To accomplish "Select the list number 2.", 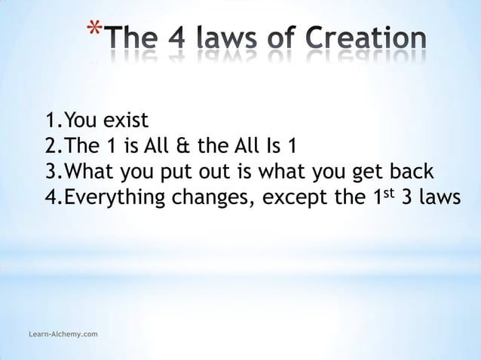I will pyautogui.click(x=51, y=145).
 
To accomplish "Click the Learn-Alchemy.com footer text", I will pyautogui.click(x=59, y=333).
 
